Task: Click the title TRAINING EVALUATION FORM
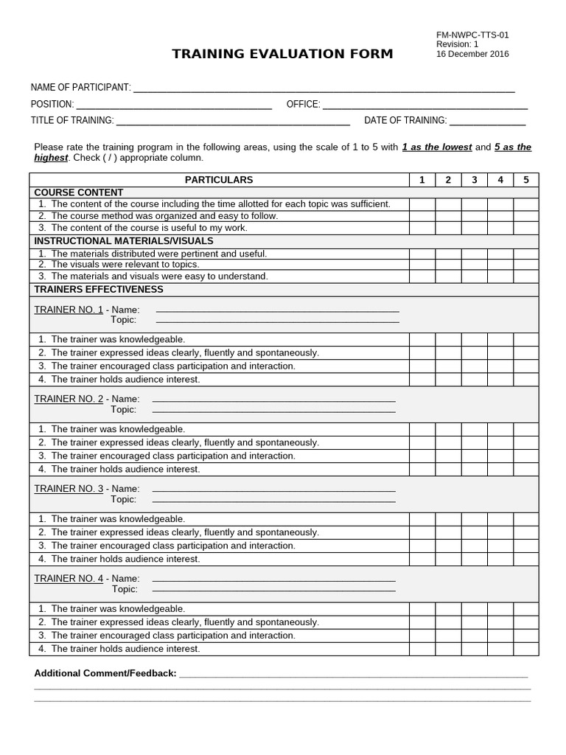tap(282, 54)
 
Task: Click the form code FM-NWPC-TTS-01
tap(472, 35)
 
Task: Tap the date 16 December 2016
tap(472, 54)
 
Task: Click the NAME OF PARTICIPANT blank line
tap(324, 90)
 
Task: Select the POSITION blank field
tap(174, 107)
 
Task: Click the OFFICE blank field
tap(425, 107)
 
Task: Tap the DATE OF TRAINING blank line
tap(487, 123)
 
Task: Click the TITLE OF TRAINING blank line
tap(233, 123)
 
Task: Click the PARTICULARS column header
tap(219, 180)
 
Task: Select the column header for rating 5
tap(526, 180)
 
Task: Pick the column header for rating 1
tap(422, 180)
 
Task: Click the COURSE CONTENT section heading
tap(79, 192)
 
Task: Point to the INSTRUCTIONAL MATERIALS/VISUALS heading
tap(124, 241)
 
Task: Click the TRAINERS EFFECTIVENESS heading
tap(99, 290)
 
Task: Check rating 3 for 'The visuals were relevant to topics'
tap(475, 265)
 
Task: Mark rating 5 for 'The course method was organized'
tap(526, 216)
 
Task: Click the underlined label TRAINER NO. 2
tap(69, 399)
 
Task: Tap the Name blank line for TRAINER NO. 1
tap(277, 310)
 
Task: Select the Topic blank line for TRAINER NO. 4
tap(273, 590)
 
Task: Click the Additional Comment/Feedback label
tap(105, 673)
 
